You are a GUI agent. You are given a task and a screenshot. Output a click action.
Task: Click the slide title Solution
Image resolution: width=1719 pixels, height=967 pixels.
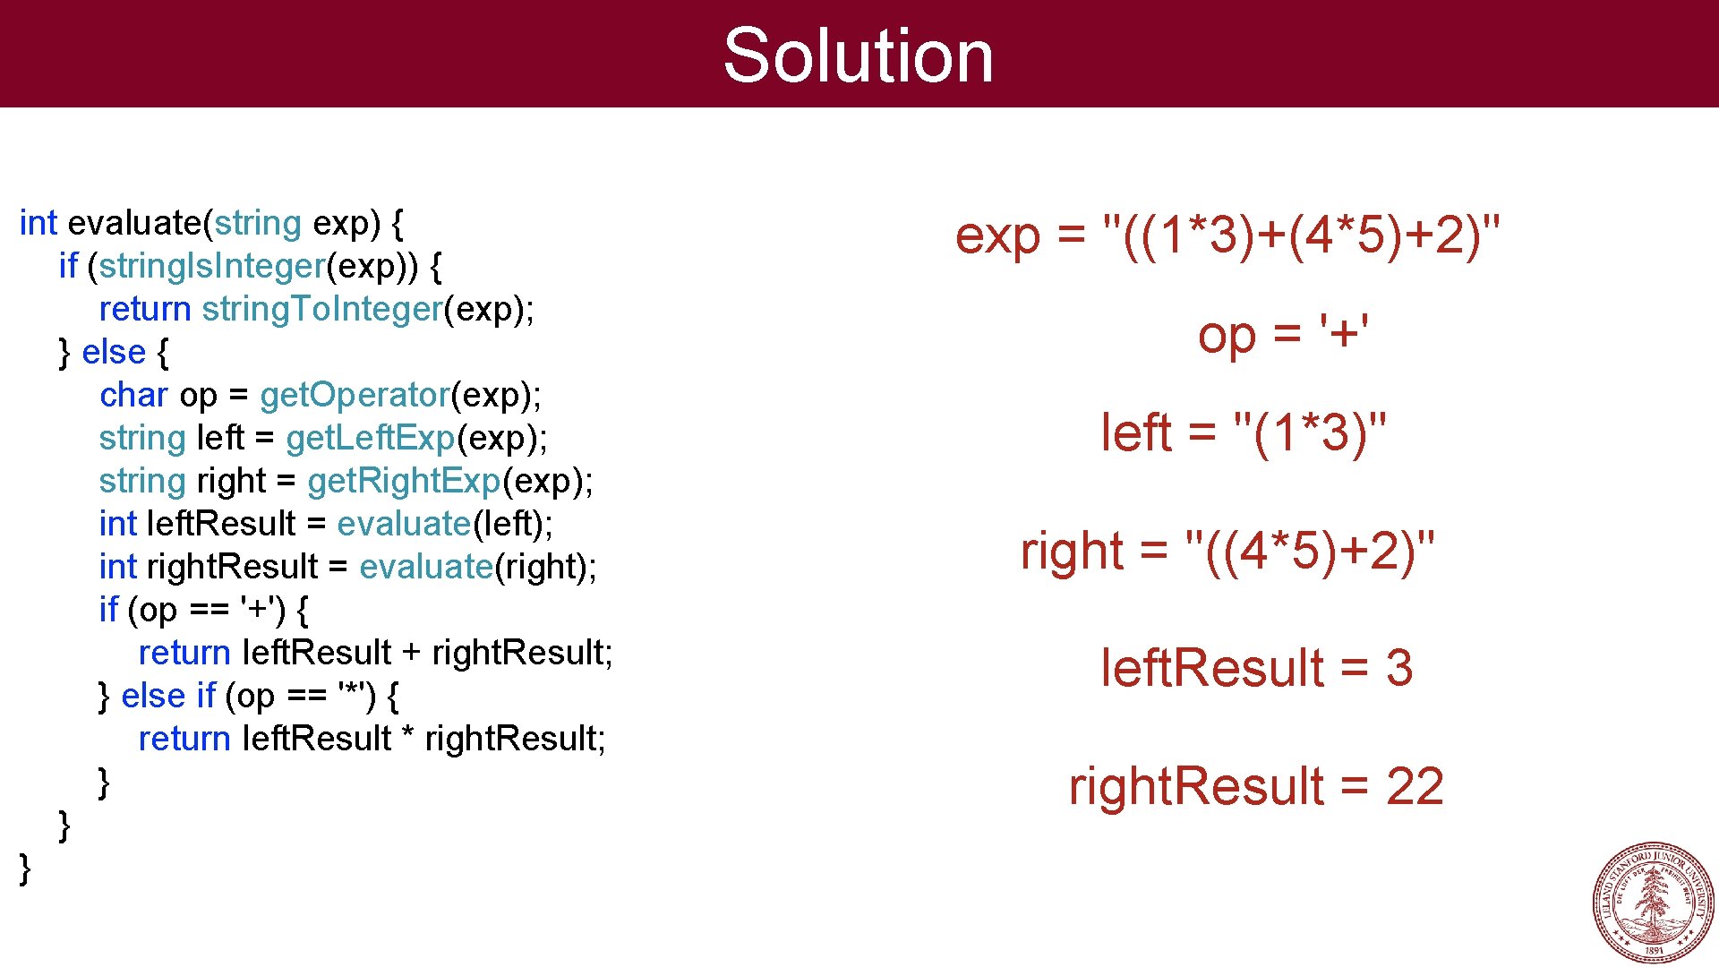(x=858, y=56)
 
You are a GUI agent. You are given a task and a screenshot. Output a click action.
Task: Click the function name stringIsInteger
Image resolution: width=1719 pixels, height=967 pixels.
(x=212, y=266)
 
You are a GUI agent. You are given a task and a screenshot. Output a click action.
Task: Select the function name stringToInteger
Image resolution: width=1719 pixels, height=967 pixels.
(x=322, y=309)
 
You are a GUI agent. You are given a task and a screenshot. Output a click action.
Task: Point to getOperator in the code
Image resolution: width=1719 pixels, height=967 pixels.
(x=355, y=395)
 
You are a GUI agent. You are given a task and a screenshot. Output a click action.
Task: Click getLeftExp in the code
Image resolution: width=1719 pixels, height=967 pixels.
(x=371, y=438)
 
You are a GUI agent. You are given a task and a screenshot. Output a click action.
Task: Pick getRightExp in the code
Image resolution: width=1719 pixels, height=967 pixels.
(x=404, y=481)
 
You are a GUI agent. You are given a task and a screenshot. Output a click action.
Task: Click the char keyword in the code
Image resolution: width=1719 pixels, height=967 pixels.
(x=133, y=395)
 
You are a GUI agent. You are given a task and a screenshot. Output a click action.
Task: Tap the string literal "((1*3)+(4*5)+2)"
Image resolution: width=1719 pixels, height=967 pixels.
(x=1301, y=235)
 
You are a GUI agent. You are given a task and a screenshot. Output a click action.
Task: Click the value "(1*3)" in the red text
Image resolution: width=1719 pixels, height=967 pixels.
(x=1310, y=433)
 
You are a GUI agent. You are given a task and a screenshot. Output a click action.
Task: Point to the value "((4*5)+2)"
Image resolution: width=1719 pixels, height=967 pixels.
(x=1309, y=551)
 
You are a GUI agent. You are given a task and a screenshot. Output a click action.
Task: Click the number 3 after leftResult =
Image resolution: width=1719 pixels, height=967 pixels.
(x=1399, y=668)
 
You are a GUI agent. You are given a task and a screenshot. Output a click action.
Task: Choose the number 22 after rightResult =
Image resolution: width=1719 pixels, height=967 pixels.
(x=1415, y=786)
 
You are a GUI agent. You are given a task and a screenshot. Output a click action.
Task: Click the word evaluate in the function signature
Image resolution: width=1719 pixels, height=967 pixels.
(x=135, y=223)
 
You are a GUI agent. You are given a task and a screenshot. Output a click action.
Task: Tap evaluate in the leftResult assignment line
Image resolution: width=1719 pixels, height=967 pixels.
(x=404, y=524)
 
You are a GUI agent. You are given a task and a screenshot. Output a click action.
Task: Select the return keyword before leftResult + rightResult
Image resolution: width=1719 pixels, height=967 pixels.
(x=184, y=653)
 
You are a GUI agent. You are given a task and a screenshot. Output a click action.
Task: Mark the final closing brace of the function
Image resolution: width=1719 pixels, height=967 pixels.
(x=25, y=869)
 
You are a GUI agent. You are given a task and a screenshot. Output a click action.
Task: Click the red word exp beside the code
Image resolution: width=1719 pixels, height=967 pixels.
(x=997, y=237)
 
